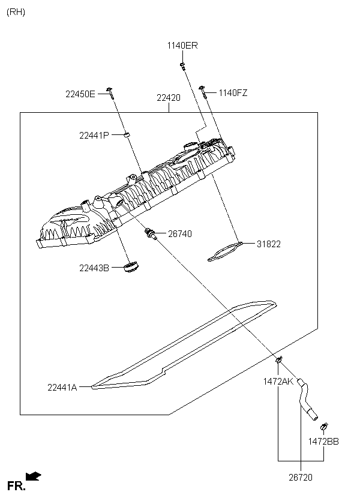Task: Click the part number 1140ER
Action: point(182,46)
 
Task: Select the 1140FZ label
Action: point(233,93)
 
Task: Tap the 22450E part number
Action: point(80,94)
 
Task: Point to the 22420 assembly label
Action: point(169,98)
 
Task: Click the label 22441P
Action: point(94,136)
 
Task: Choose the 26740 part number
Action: point(180,234)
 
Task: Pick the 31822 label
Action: point(269,244)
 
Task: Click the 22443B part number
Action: point(94,268)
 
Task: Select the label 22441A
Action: point(62,388)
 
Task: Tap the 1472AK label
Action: point(278,382)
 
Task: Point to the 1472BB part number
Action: point(323,442)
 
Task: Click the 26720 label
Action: point(301,477)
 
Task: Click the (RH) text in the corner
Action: point(16,12)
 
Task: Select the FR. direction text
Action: point(16,486)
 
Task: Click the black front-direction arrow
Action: point(33,476)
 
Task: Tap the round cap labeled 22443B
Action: point(131,267)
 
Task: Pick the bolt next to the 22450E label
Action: point(110,93)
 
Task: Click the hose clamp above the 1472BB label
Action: point(324,427)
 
